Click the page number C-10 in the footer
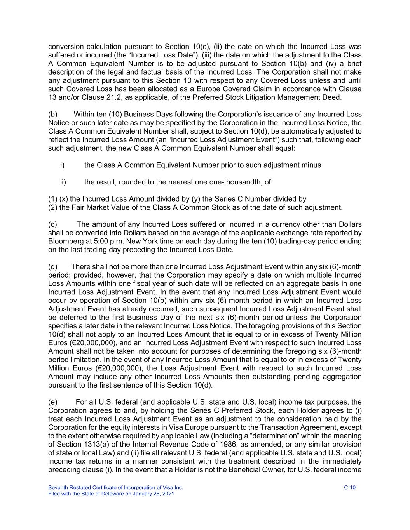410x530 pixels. click(x=350, y=488)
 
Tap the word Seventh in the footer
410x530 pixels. click(x=58, y=488)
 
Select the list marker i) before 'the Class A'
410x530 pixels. click(x=62, y=165)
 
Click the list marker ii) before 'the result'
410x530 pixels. click(x=63, y=182)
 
